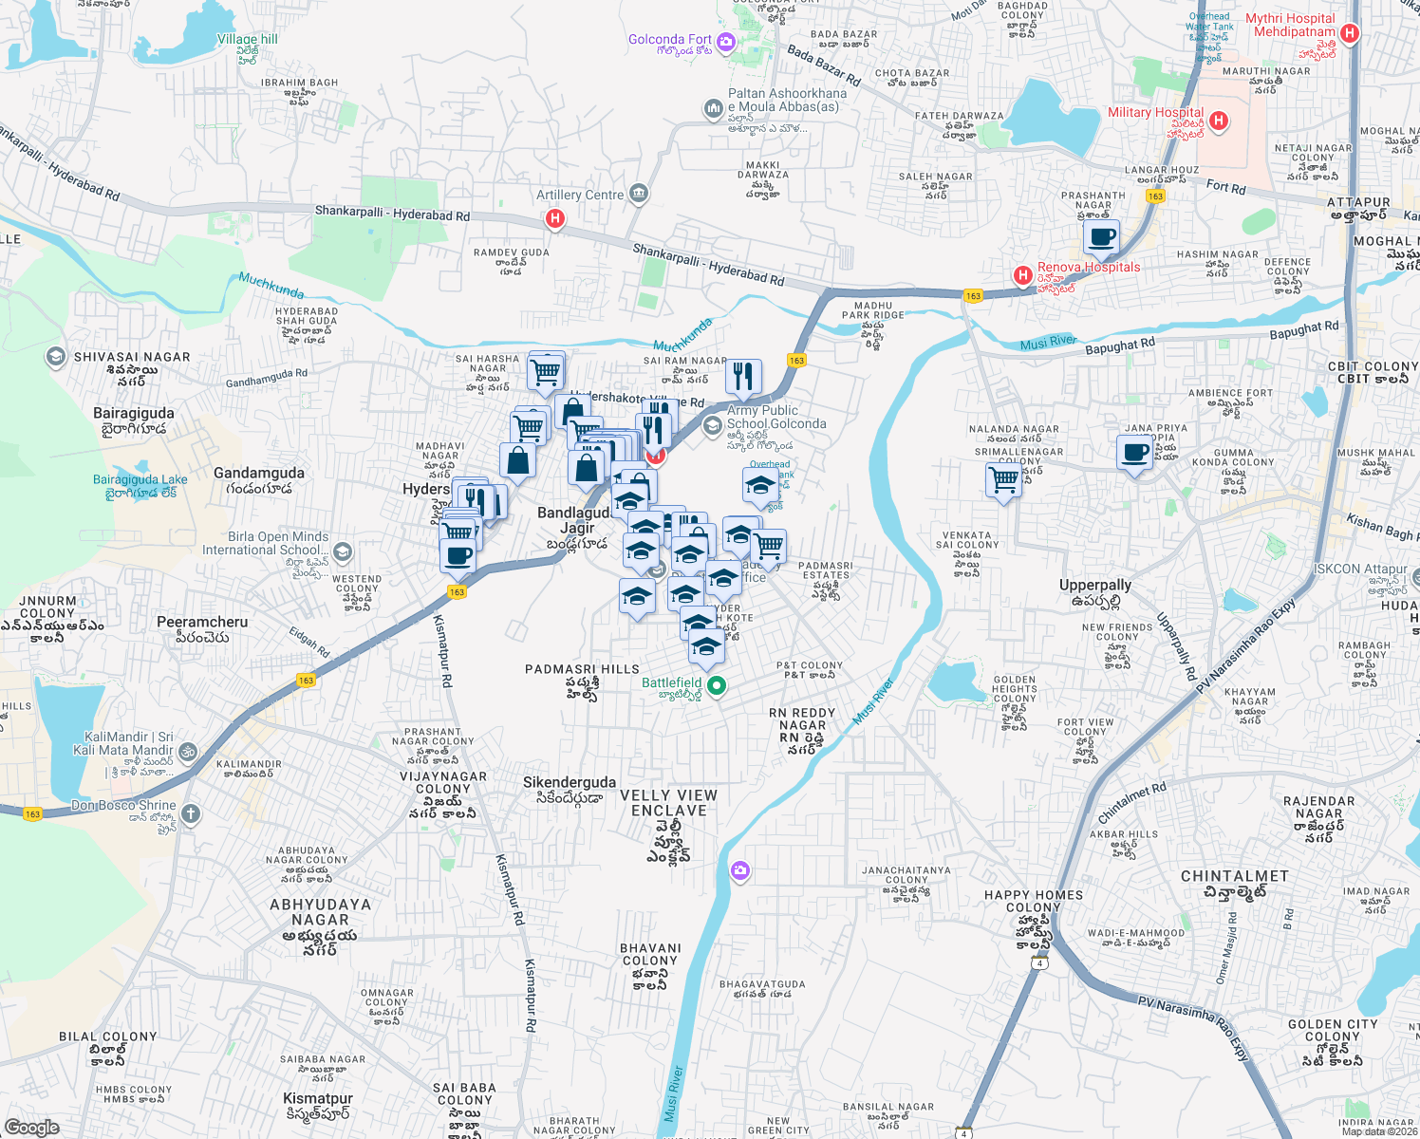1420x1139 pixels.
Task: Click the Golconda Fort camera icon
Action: [726, 42]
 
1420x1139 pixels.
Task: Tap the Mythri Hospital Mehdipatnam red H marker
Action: [1350, 33]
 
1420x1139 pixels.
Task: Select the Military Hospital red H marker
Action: [1220, 121]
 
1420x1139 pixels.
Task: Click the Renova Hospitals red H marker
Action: [1022, 275]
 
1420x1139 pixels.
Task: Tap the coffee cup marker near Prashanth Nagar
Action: [1101, 237]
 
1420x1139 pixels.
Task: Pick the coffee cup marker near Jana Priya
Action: [1134, 453]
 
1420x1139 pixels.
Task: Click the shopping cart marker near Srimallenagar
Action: [1003, 480]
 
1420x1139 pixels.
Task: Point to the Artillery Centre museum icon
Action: [638, 195]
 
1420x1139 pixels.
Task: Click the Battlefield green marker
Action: [718, 684]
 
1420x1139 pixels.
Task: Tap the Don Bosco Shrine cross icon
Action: [191, 813]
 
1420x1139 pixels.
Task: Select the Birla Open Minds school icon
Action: [343, 551]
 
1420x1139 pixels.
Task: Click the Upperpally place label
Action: [1095, 585]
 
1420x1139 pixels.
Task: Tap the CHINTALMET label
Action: [1234, 876]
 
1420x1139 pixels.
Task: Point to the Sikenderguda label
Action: [570, 782]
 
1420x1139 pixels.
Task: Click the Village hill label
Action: [248, 39]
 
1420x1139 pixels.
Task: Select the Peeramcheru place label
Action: [202, 622]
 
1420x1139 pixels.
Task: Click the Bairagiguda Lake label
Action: [140, 479]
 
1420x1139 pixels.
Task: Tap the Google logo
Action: [31, 1127]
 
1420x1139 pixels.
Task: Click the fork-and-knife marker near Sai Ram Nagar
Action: [743, 377]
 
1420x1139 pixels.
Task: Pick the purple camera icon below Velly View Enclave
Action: [740, 870]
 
